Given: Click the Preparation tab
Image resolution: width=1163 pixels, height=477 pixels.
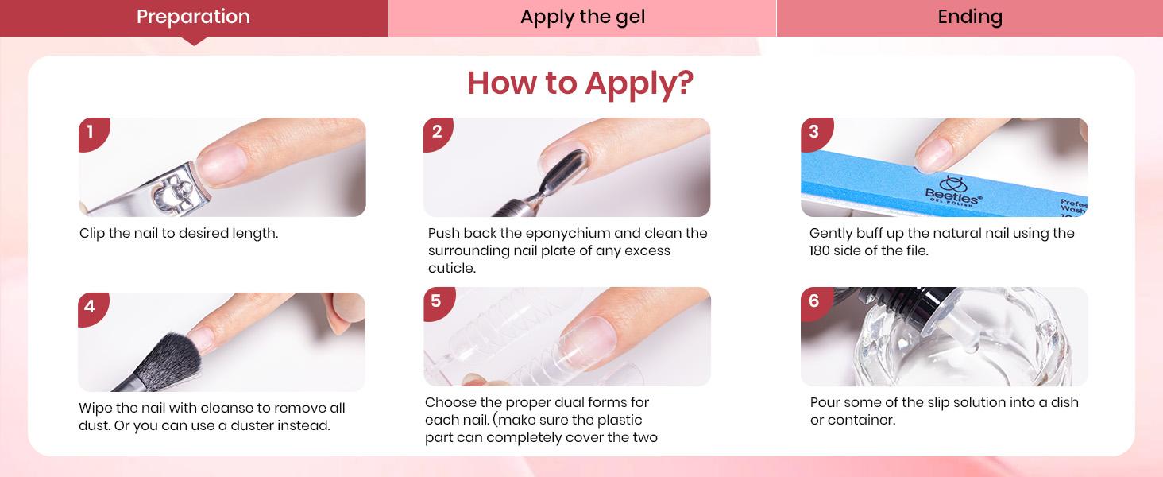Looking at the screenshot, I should (x=193, y=17).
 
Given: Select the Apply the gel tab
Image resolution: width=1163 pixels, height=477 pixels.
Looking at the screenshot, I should (x=582, y=17).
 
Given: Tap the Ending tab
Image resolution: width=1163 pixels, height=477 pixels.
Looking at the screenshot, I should (x=969, y=17).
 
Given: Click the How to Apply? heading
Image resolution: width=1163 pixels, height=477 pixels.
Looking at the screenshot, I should (x=580, y=83).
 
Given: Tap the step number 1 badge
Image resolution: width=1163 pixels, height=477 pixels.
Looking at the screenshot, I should (x=91, y=132).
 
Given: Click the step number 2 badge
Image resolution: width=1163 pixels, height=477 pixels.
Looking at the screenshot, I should (x=436, y=132).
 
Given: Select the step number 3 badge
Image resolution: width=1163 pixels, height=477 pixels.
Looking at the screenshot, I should (x=813, y=132).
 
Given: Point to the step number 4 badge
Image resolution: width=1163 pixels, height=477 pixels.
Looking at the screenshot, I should (x=90, y=307).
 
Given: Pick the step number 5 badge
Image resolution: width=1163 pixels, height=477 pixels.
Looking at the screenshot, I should (x=435, y=301).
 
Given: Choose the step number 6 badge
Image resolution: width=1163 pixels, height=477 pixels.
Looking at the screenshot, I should (x=813, y=301).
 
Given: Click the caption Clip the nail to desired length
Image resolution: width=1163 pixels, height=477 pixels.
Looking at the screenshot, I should (x=179, y=234).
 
